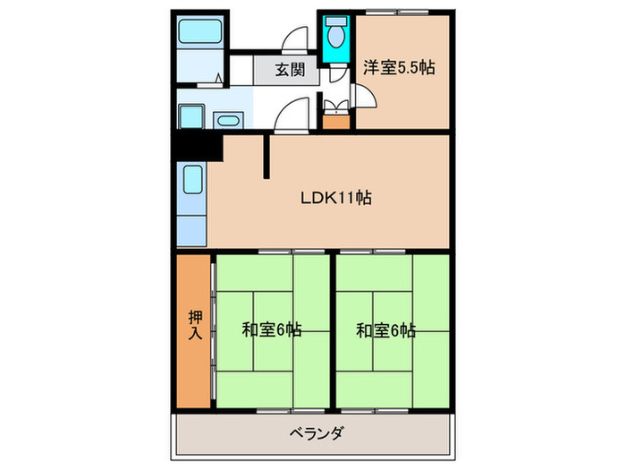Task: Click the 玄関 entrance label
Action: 286,70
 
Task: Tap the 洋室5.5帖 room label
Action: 399,66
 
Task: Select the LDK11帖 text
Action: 335,199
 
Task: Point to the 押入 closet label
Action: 194,328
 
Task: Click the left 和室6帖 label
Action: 271,330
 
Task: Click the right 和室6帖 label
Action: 385,330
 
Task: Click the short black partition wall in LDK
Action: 266,158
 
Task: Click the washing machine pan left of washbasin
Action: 191,117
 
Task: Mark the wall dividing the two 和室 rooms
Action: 331,331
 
